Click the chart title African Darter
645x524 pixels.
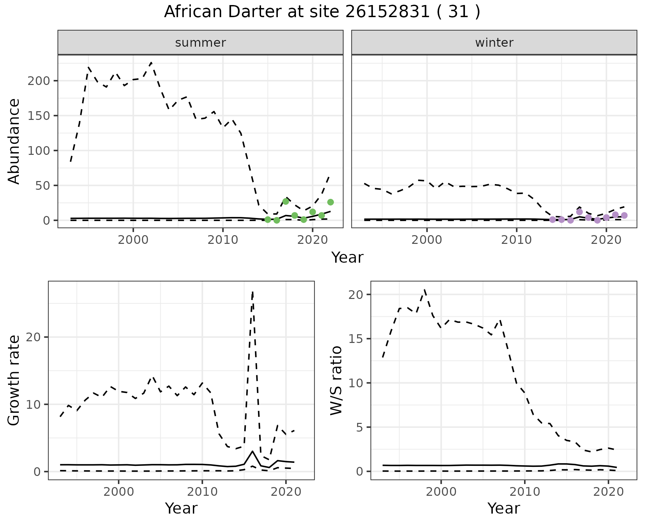point(322,12)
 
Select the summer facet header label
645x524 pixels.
point(201,43)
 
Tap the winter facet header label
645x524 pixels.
point(494,43)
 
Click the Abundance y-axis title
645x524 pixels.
point(14,141)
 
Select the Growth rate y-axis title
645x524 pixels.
point(14,380)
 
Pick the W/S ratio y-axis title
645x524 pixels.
point(336,380)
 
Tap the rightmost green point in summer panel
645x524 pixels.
point(331,202)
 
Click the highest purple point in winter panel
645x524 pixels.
point(579,212)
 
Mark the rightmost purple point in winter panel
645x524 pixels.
point(624,215)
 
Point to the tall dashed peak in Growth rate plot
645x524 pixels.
point(253,292)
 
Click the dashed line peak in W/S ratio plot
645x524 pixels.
point(425,289)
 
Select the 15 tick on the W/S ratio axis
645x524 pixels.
point(356,339)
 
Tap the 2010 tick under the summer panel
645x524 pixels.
point(223,240)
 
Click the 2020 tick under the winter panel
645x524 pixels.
point(606,240)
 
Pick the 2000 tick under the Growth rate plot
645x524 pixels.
point(119,492)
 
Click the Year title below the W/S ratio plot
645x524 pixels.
point(504,508)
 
